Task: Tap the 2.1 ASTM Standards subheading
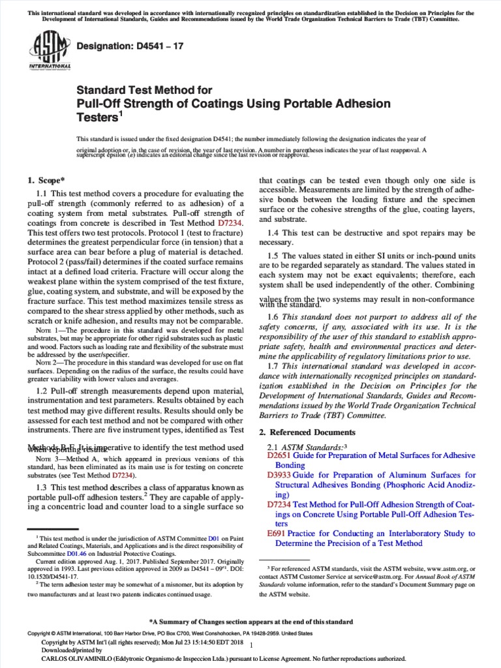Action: pos(306,446)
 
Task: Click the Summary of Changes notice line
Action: pos(250,622)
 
